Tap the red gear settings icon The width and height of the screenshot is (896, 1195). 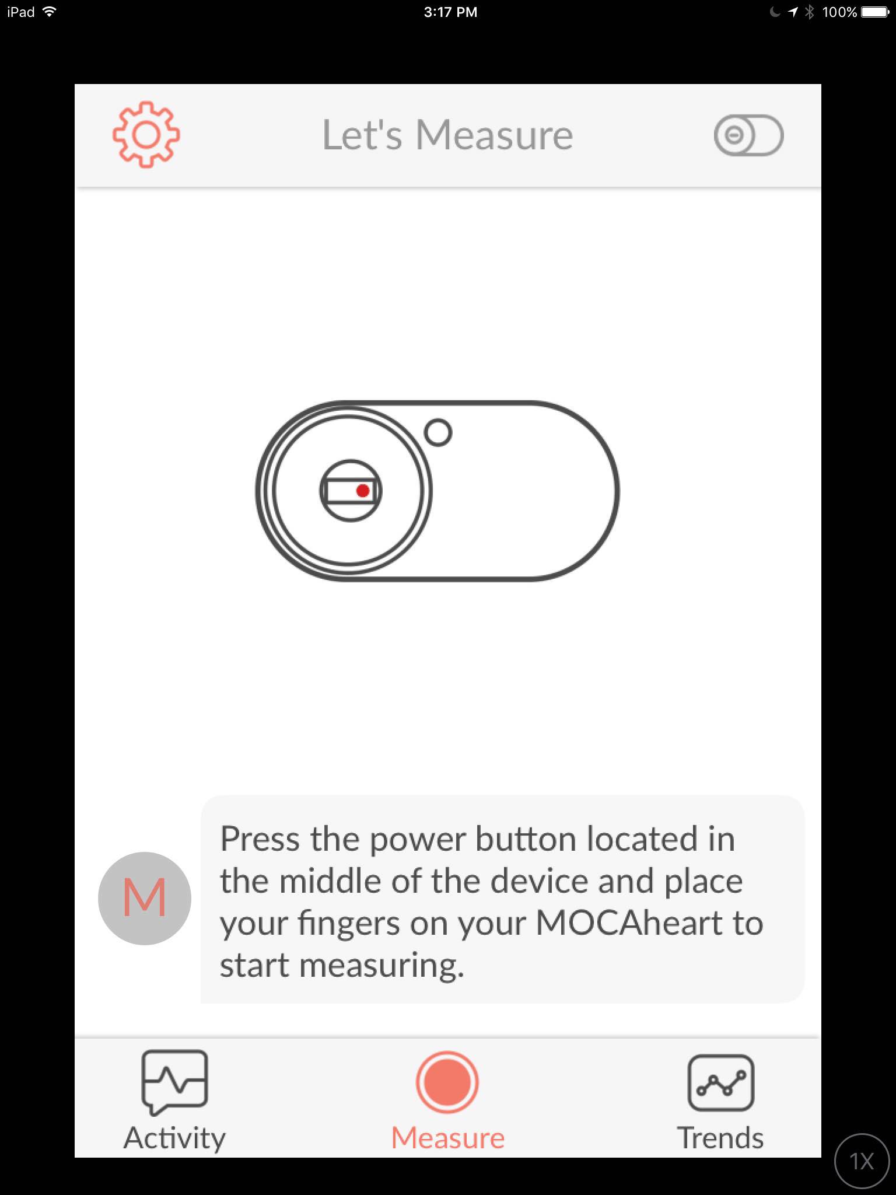pos(146,135)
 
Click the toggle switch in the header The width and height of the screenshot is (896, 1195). pos(748,135)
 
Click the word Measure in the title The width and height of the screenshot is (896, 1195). pos(494,135)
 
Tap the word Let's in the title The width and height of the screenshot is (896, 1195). pos(362,135)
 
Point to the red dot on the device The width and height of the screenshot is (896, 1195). pos(363,491)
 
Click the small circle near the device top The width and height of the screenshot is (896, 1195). pos(438,432)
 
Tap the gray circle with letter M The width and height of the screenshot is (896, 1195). pos(145,898)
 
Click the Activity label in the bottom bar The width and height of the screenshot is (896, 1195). pos(174,1138)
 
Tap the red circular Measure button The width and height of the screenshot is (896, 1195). pos(447,1082)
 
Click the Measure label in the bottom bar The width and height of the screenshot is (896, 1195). pos(448,1138)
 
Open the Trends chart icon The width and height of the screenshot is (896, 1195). pos(721,1083)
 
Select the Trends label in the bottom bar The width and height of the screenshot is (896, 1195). pos(720,1138)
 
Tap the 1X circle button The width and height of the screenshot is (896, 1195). pos(862,1161)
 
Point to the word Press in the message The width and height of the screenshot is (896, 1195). pos(261,839)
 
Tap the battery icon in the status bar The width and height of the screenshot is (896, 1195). pos(875,12)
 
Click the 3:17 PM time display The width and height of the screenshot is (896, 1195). pos(450,12)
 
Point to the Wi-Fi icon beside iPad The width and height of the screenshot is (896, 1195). pos(50,11)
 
